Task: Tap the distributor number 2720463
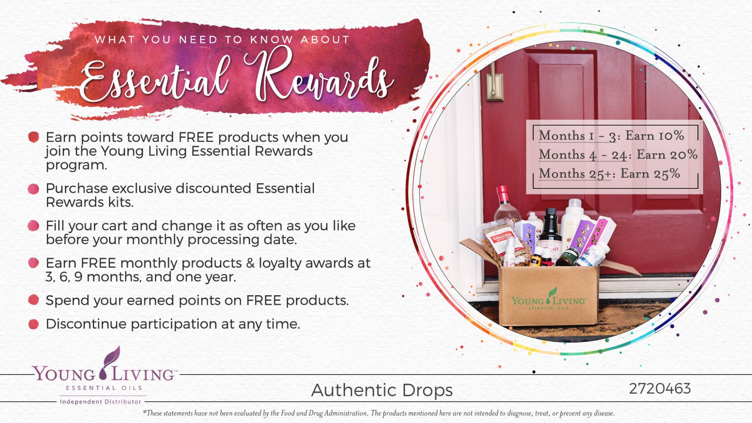pyautogui.click(x=660, y=389)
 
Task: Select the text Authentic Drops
pyautogui.click(x=382, y=390)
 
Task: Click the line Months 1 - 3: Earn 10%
pyautogui.click(x=611, y=136)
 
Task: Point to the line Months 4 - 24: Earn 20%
pyautogui.click(x=618, y=155)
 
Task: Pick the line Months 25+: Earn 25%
pyautogui.click(x=609, y=174)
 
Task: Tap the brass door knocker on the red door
pyautogui.click(x=494, y=83)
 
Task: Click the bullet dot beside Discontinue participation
pyautogui.click(x=33, y=324)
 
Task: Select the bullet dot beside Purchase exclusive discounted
pyautogui.click(x=33, y=189)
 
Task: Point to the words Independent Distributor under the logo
pyautogui.click(x=100, y=402)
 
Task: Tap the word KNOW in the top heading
pyautogui.click(x=271, y=39)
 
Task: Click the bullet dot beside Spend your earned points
pyautogui.click(x=33, y=300)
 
